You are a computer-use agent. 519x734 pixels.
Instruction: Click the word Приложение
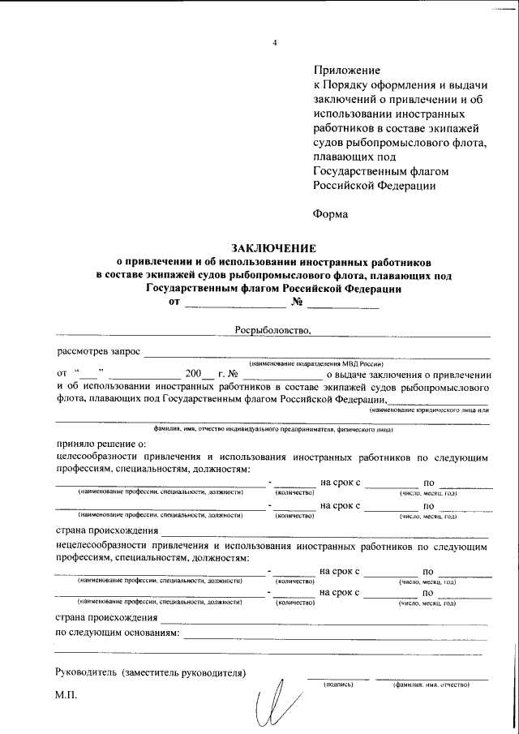point(346,71)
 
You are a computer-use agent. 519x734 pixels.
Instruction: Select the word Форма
point(330,214)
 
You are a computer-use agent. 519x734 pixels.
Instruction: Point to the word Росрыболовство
point(272,330)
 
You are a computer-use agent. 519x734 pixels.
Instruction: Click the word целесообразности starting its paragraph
point(99,458)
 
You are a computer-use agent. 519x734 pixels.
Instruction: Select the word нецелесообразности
point(105,547)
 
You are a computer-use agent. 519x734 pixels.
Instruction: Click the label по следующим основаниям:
point(117,632)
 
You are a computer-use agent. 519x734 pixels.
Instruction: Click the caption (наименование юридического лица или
point(429,411)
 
